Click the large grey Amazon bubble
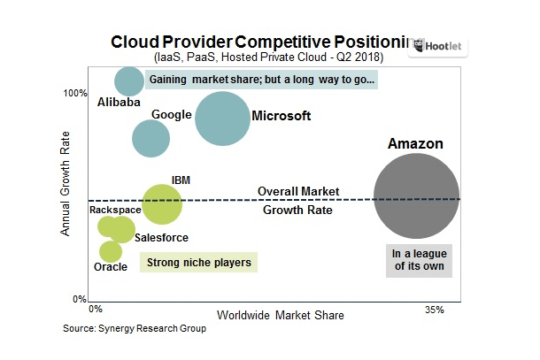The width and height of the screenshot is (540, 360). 416,196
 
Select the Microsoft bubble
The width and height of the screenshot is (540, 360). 222,119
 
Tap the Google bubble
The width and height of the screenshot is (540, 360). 150,138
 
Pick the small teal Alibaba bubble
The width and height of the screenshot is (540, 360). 129,80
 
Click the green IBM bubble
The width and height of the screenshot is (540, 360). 161,204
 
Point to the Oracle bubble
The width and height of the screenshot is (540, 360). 111,252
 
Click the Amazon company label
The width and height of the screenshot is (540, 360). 416,144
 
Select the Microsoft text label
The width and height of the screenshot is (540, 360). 282,116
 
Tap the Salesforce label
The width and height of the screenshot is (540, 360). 161,238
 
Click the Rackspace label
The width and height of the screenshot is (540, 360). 115,210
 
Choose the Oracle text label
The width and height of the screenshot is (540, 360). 111,267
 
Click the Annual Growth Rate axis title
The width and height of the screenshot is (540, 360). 66,195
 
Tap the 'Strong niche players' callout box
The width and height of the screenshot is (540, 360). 198,263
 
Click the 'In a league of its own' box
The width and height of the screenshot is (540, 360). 418,261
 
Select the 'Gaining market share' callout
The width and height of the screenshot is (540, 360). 262,80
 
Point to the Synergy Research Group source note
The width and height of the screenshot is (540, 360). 135,329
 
